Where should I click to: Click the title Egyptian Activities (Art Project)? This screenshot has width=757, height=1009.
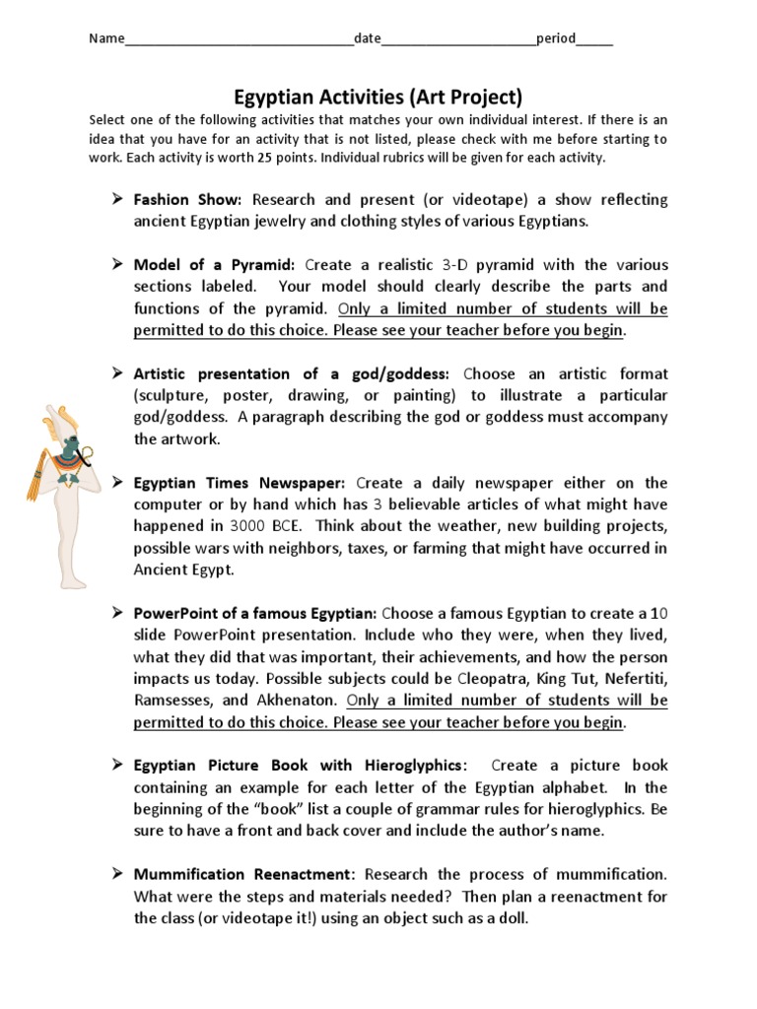click(378, 97)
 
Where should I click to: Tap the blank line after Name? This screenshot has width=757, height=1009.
click(240, 40)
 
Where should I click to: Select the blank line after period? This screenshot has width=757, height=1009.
click(594, 40)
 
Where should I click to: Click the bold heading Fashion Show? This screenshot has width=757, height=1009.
click(187, 200)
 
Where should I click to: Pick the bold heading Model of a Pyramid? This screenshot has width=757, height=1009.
click(214, 265)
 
